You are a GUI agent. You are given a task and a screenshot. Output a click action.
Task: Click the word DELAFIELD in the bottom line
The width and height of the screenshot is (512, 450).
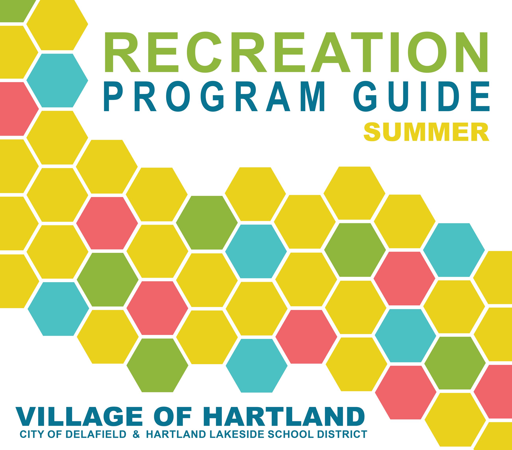(96, 434)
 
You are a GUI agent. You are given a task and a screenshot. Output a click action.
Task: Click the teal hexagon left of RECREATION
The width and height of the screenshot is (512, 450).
(57, 80)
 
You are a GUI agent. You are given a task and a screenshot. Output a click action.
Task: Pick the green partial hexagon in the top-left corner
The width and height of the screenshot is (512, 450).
(14, 10)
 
